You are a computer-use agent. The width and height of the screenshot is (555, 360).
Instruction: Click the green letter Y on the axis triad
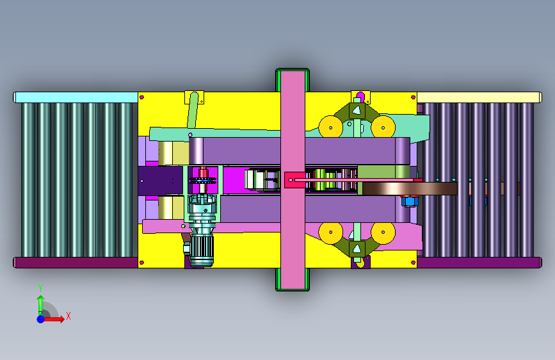[x=40, y=288]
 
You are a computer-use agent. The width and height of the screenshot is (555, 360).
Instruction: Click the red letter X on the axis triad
[x=68, y=316]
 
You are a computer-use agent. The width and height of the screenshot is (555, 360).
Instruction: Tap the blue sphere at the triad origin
[x=41, y=319]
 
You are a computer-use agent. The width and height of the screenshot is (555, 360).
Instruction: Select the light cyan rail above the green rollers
[x=76, y=97]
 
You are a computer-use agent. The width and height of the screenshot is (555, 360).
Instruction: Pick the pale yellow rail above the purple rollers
[x=479, y=97]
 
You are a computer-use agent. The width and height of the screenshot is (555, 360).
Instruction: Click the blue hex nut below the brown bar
[x=410, y=201]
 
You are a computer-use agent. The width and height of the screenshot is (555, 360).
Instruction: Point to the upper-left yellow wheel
[x=330, y=127]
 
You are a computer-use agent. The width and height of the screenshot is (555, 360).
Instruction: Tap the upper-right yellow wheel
[x=383, y=127]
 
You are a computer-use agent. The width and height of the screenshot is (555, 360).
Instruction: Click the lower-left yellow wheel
[x=330, y=233]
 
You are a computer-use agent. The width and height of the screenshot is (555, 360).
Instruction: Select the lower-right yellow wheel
[x=383, y=233]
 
